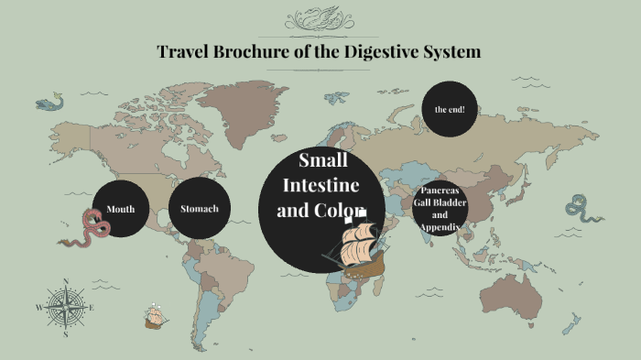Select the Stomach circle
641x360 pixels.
pyautogui.click(x=200, y=209)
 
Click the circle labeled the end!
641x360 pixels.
pyautogui.click(x=450, y=109)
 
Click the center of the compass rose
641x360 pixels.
pyautogui.click(x=65, y=307)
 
